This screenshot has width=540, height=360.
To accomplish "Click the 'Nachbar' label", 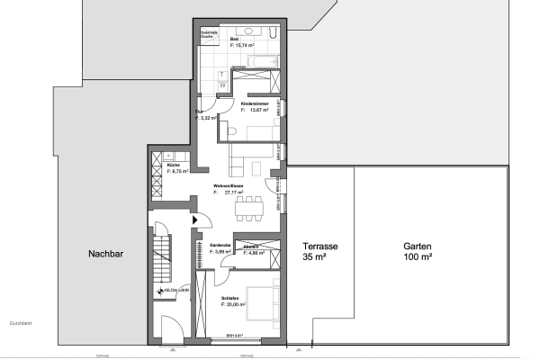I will coord(105,255).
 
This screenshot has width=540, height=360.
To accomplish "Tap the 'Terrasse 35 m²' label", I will coord(319,250).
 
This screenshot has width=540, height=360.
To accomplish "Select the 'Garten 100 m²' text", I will coord(418,250).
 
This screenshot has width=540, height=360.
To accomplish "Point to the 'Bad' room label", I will coord(234,40).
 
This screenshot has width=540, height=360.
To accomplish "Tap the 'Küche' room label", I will coord(173,165).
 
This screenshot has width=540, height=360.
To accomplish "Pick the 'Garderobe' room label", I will coord(221,245).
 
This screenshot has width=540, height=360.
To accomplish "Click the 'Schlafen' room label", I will coord(232,300).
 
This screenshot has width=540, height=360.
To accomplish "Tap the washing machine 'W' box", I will coord(222,85).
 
